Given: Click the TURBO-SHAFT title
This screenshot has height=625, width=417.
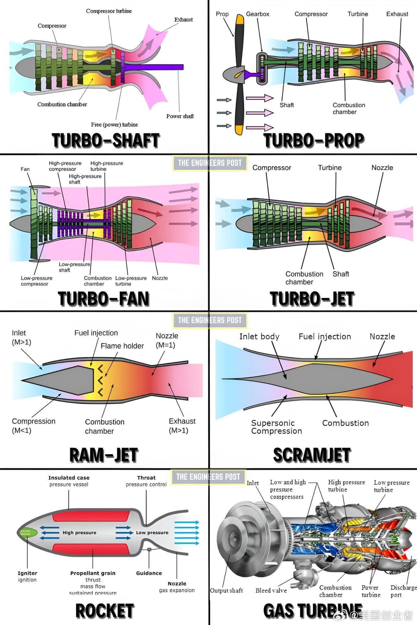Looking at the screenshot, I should [x=105, y=141].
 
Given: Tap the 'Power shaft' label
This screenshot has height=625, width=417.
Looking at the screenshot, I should [x=180, y=116].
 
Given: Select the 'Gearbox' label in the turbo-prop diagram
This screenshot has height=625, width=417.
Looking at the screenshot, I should [x=258, y=14].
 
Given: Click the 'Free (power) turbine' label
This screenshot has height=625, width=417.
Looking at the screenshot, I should [x=114, y=125].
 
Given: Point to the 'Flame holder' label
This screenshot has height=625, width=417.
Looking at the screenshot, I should [x=122, y=346].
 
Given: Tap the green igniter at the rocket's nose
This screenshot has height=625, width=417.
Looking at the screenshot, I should [x=28, y=533].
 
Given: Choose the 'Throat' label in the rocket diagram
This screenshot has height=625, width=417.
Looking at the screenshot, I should [x=146, y=478].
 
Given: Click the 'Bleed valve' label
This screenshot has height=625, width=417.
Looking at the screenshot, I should [x=271, y=591].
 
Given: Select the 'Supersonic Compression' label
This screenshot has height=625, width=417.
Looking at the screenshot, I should [x=276, y=427].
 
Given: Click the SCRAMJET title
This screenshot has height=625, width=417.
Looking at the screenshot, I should [x=312, y=455].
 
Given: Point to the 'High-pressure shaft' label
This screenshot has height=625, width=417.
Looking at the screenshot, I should [x=85, y=179].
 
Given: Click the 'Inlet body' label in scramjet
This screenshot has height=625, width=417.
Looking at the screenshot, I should [x=259, y=337].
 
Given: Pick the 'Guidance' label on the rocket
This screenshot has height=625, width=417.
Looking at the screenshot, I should [x=149, y=573].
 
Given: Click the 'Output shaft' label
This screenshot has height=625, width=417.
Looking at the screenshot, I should [x=226, y=591].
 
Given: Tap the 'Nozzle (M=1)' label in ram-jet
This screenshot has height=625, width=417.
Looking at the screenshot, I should [x=167, y=340].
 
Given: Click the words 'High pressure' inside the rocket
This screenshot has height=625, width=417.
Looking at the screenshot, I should [x=79, y=533].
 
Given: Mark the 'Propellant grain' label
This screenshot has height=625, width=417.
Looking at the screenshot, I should [x=93, y=573].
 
